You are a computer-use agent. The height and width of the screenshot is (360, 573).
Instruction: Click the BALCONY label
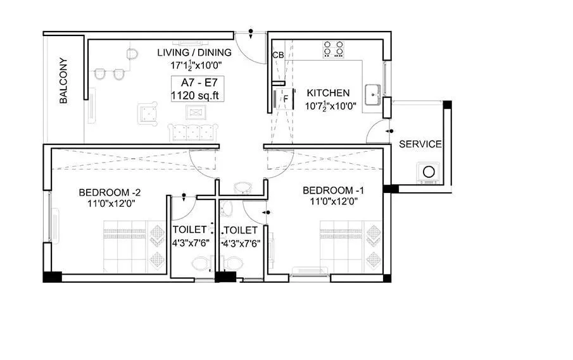64,81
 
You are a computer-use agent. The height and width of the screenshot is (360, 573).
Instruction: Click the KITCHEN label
327,93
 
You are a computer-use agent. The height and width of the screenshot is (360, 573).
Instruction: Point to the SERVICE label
420,144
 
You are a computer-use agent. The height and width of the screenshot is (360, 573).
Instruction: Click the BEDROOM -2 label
106,192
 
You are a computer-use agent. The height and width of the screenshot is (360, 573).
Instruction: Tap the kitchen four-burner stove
334,49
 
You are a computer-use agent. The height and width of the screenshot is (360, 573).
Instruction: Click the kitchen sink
372,92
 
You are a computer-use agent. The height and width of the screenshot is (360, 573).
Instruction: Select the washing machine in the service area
429,171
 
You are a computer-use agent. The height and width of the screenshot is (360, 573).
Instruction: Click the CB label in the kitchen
277,56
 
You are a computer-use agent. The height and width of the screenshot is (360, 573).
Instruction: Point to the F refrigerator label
286,98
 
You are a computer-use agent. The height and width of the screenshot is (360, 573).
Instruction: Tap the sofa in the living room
192,132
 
